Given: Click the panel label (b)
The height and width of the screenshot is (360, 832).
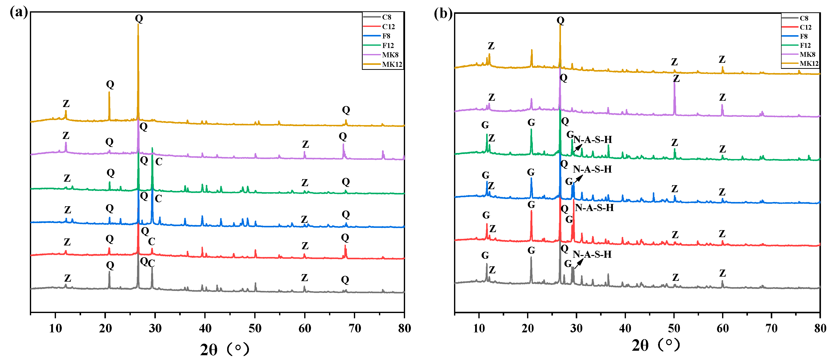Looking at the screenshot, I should point(443,14).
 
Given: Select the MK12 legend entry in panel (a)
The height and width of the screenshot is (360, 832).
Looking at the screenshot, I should point(392,64).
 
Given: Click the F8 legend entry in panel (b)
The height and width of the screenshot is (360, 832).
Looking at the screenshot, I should point(804,36).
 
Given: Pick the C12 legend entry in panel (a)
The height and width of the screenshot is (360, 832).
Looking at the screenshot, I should point(388,26).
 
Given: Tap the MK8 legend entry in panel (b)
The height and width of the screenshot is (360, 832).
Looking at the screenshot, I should point(807,54).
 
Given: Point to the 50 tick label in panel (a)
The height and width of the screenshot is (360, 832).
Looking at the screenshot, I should point(255,328).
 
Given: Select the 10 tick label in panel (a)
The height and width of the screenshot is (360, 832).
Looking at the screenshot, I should point(55,328).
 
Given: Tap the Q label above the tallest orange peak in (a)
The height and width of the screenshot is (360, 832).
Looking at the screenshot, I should point(139,18).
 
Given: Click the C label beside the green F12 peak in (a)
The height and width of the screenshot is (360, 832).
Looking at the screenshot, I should point(159,162).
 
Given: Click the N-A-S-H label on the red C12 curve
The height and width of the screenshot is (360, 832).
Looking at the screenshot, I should point(594,208).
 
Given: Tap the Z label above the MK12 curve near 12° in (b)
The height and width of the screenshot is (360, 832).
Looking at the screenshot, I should point(491,46).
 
